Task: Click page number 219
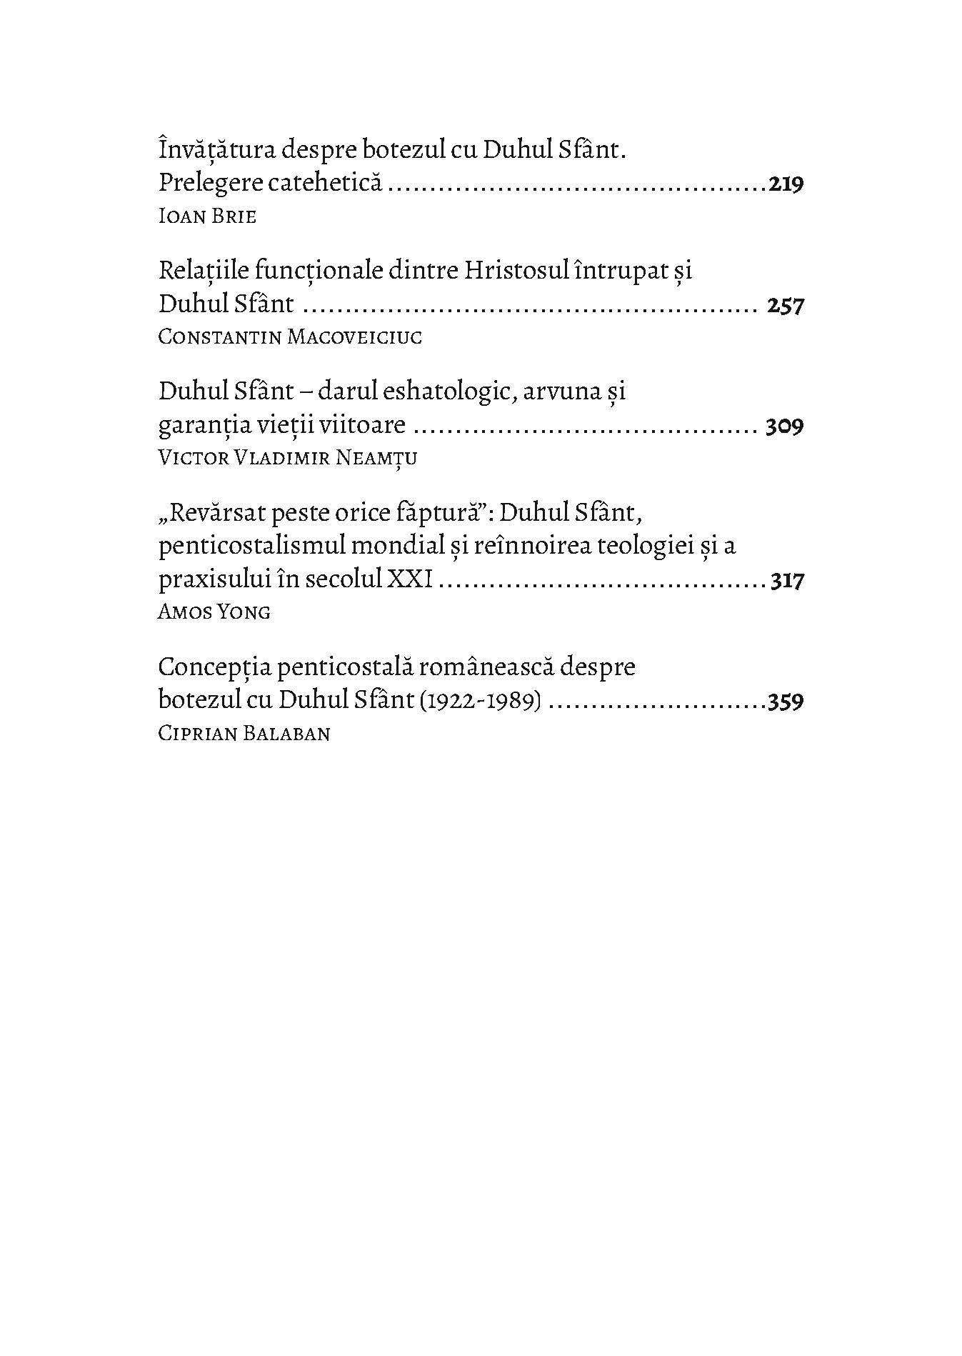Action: coord(786,184)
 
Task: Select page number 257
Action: coord(785,306)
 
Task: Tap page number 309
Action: coord(784,427)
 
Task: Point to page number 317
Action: coord(787,580)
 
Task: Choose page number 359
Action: coord(786,701)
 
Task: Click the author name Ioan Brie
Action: coord(206,216)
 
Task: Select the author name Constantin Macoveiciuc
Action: coord(290,337)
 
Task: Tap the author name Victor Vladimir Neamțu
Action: coord(287,458)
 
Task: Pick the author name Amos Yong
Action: coord(214,612)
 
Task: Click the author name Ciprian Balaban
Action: coord(244,733)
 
